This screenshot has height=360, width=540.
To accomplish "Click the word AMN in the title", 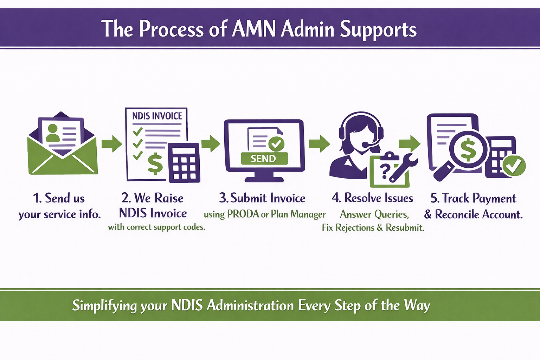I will [253, 29].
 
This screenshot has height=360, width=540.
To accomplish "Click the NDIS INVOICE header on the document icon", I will [157, 116].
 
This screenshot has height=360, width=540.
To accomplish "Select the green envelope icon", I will [63, 155].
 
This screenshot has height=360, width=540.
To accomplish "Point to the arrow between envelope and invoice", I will [111, 144].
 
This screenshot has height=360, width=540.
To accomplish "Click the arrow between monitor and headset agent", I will [319, 143].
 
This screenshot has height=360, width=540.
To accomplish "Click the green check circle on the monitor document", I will [276, 143].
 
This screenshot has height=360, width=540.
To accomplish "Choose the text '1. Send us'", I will [59, 198].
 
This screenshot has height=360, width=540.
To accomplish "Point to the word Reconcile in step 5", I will [457, 214].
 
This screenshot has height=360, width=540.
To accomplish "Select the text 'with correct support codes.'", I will [156, 227].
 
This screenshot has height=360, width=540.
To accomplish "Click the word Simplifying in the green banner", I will [104, 305].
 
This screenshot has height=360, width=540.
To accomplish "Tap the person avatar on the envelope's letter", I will [53, 133].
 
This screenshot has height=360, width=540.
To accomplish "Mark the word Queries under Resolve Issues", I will [391, 214].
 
